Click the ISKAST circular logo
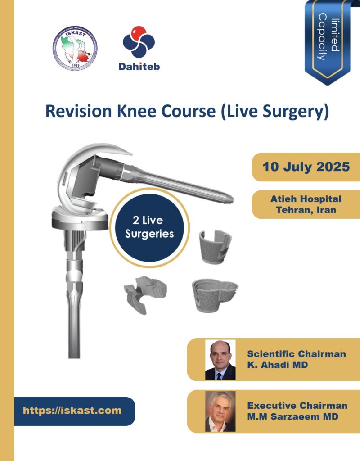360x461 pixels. point(75,48)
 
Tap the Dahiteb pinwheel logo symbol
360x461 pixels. point(139,42)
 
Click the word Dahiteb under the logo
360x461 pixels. point(139,67)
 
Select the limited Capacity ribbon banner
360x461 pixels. point(328,41)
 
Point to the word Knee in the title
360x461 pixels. point(136,112)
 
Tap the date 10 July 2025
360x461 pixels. point(306,167)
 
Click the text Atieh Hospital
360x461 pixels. point(306,199)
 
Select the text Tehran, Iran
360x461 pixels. point(306,210)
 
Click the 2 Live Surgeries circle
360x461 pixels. point(149,227)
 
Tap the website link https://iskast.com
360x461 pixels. point(72,411)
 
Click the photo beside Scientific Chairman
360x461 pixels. point(220,360)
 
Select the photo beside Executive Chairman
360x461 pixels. point(220,411)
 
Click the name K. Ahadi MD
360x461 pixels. point(277,365)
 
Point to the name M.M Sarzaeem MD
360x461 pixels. point(292,416)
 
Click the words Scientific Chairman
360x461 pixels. point(297,354)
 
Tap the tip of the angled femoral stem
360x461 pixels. point(233,200)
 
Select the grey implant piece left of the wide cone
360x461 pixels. point(145,295)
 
